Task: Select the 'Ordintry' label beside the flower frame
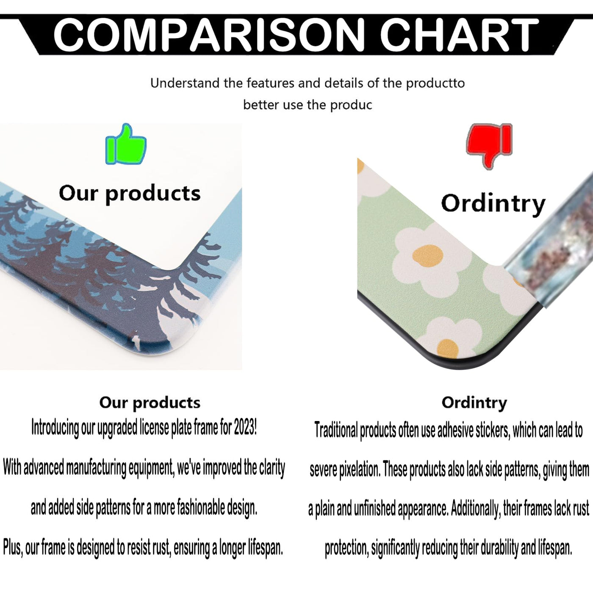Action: [x=493, y=204]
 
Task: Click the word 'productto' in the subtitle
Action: [x=435, y=83]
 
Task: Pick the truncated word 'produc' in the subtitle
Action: [x=351, y=105]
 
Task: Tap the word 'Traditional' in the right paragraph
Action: [x=336, y=430]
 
